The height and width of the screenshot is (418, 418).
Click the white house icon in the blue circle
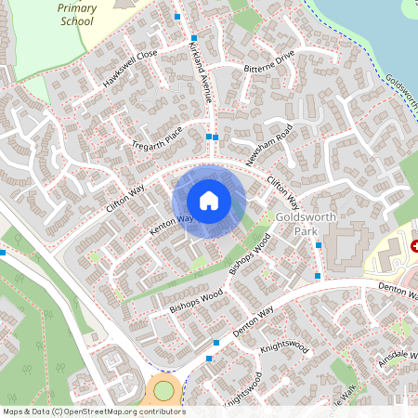209,200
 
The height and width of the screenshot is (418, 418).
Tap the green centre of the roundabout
164,390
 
